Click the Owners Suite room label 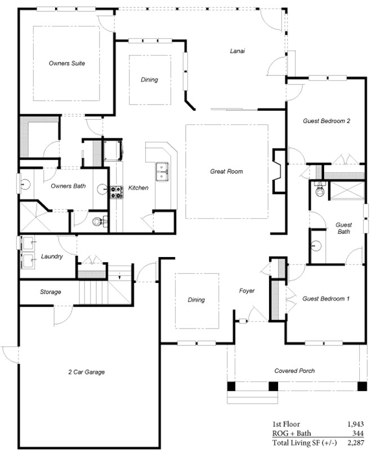pos(67,63)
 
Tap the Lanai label pos(238,51)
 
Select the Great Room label pos(226,172)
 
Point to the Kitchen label pos(138,188)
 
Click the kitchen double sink pos(162,172)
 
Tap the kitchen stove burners pos(117,192)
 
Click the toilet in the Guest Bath pos(319,189)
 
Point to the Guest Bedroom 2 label pos(326,121)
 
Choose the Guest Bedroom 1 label pos(326,299)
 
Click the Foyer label pos(247,291)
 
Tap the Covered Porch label pos(294,371)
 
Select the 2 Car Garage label pos(87,372)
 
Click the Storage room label pos(50,292)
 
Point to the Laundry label pos(52,256)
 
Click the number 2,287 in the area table pos(356,443)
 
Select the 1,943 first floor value pos(356,424)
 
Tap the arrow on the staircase pos(119,277)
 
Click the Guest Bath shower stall pos(347,190)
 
